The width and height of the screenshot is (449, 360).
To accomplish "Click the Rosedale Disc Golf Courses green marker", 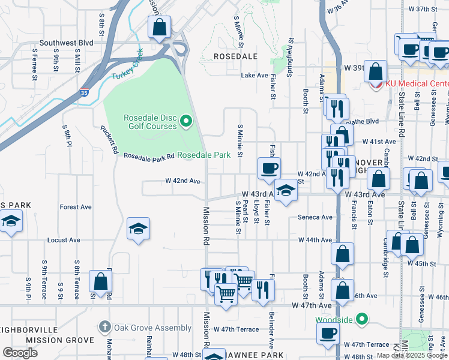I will pyautogui.click(x=185, y=122).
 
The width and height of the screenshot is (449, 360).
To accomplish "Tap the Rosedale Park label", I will pyautogui.click(x=204, y=155).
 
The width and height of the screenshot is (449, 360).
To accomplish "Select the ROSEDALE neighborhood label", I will pyautogui.click(x=236, y=56).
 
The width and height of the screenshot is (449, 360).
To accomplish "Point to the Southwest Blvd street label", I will pyautogui.click(x=66, y=43).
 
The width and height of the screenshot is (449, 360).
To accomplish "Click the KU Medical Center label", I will pyautogui.click(x=417, y=83).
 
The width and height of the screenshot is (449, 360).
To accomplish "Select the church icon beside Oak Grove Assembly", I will pyautogui.click(x=105, y=328).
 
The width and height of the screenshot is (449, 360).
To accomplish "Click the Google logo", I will pyautogui.click(x=20, y=353).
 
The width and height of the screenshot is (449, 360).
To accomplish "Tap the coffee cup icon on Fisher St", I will pyautogui.click(x=269, y=168).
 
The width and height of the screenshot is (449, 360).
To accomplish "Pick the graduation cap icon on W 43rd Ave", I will pyautogui.click(x=286, y=191).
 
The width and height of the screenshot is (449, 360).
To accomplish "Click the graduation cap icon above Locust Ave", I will pyautogui.click(x=138, y=229).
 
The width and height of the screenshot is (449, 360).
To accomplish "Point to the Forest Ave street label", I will pyautogui.click(x=76, y=207).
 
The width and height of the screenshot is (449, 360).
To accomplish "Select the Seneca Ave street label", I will pyautogui.click(x=315, y=217).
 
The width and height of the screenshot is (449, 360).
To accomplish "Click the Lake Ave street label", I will pyautogui.click(x=254, y=76).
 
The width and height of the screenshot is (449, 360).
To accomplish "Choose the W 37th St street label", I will pyautogui.click(x=424, y=9).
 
